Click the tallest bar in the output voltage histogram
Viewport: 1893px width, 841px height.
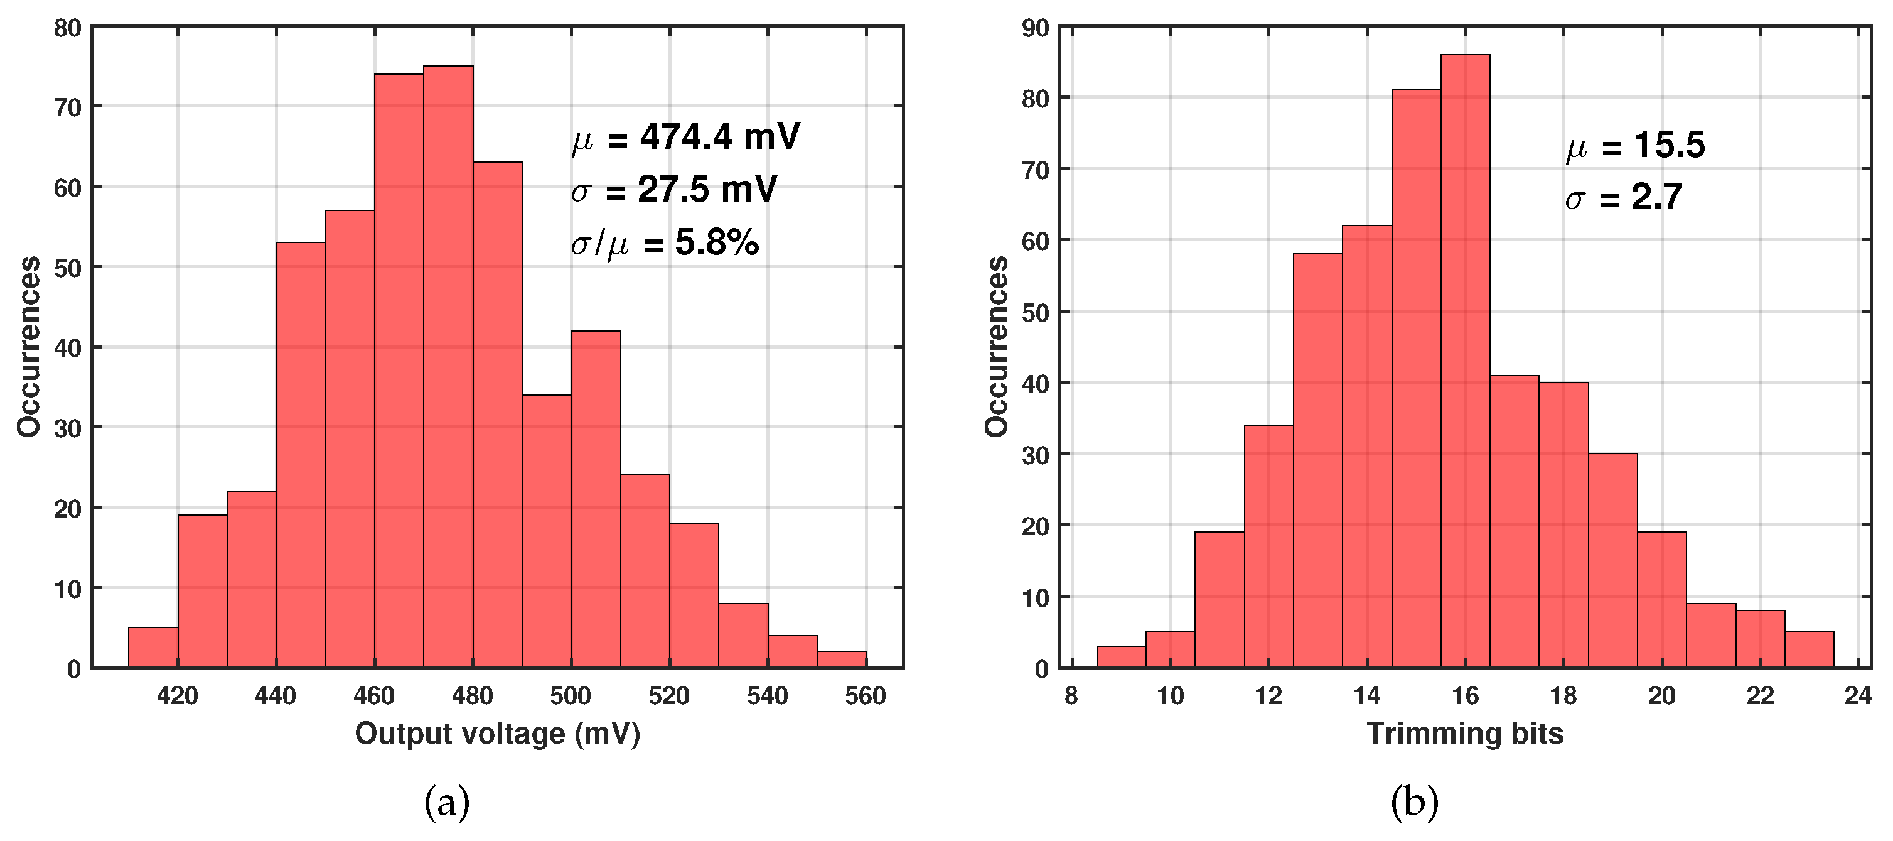click(x=448, y=367)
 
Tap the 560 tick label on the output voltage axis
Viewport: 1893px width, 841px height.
click(x=865, y=695)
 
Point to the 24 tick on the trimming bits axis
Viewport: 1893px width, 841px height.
click(x=1857, y=695)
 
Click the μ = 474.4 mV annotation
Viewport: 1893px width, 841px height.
click(x=685, y=138)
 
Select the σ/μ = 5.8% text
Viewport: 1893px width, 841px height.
click(x=664, y=242)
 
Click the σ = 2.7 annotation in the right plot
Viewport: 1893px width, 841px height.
click(x=1623, y=197)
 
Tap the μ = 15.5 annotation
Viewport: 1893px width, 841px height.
click(x=1634, y=145)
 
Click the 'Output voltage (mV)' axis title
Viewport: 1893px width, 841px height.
click(x=498, y=734)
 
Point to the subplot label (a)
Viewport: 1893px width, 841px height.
click(x=447, y=803)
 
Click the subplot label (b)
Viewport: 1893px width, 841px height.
click(x=1414, y=803)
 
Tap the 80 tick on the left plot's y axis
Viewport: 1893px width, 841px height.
click(x=68, y=30)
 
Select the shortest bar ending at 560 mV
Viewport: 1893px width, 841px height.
click(x=842, y=659)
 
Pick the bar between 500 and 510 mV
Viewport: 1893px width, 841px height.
click(x=595, y=500)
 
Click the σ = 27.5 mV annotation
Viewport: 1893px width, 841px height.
click(x=674, y=190)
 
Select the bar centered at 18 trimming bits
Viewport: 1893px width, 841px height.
click(x=1563, y=526)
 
